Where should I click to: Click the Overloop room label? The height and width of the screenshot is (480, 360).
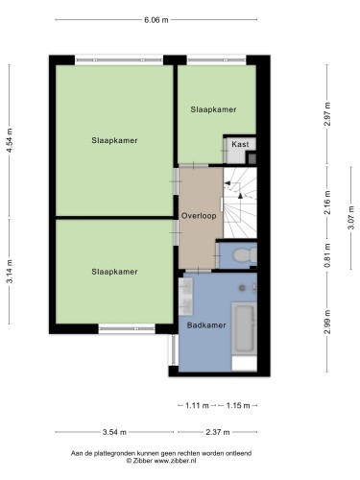pos(199,216)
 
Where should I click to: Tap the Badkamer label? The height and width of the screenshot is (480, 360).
pos(206,325)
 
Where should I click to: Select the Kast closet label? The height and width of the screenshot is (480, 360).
pos(240,144)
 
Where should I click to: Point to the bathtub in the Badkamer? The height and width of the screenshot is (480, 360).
pos(244,328)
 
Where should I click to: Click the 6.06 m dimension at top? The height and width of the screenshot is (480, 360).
pos(156,20)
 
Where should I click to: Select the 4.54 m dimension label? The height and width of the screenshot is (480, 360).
pos(10,140)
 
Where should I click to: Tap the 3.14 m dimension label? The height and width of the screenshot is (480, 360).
pos(10,271)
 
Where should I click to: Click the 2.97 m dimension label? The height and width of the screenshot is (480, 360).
pos(327,114)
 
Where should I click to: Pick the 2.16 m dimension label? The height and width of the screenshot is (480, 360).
pos(327,203)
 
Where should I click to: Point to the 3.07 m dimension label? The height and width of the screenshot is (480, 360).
pos(351,218)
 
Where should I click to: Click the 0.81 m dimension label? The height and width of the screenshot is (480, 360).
pos(327,255)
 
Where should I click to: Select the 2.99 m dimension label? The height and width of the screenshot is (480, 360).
pos(327,323)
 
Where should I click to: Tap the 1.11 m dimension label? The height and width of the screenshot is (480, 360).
pos(197,406)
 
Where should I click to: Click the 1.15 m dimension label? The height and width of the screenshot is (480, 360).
pos(238,406)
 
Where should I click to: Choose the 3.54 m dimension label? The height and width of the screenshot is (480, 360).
pos(114,432)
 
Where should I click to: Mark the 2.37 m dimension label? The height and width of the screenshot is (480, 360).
pos(218,432)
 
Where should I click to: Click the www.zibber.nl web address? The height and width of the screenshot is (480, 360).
pos(175,461)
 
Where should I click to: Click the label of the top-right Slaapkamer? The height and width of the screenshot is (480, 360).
pos(213,109)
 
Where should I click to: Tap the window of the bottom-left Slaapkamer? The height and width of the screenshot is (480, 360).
pos(127,328)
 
